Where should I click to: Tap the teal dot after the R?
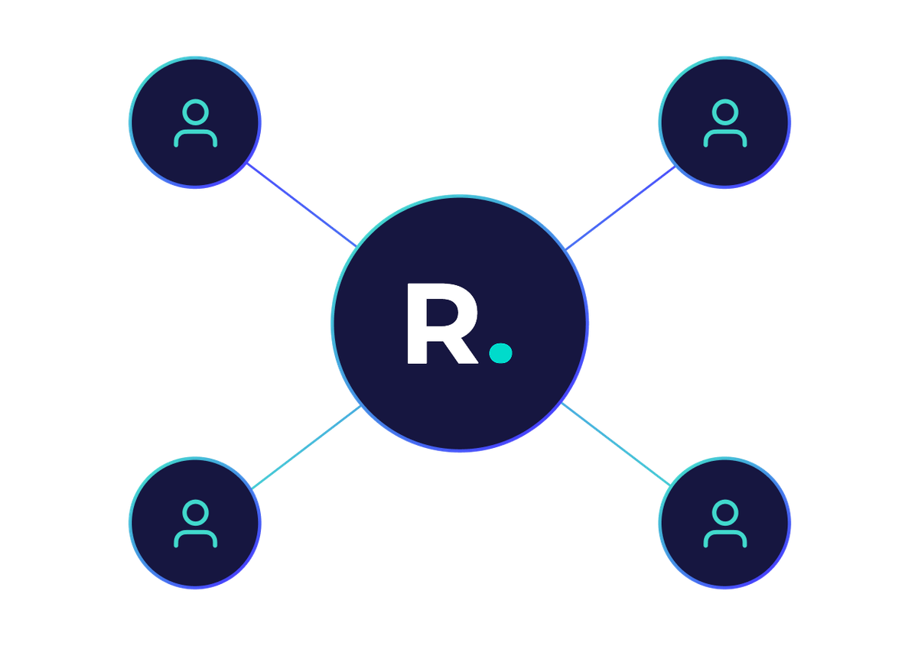click(500, 352)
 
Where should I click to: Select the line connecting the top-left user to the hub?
click(301, 205)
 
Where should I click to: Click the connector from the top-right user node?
click(620, 207)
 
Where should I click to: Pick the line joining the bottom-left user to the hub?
click(306, 446)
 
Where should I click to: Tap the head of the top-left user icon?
click(196, 113)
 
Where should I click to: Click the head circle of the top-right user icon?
click(724, 113)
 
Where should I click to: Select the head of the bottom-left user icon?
click(196, 511)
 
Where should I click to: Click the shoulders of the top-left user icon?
click(196, 138)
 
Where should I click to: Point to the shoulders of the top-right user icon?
click(724, 138)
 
